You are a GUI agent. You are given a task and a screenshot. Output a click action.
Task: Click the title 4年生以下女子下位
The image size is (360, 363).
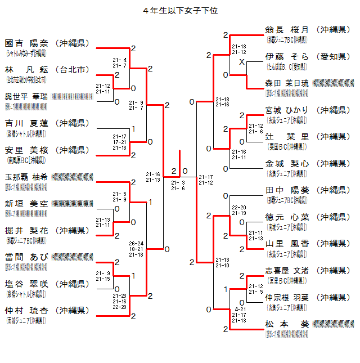point(180,11)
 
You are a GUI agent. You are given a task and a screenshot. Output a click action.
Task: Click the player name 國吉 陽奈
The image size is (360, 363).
point(26,43)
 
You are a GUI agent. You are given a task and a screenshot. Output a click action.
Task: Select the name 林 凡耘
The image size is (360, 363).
point(26,70)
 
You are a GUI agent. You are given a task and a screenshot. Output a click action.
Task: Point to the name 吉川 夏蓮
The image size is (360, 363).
point(26,123)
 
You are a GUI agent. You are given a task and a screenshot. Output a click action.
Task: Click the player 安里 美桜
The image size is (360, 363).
point(26,150)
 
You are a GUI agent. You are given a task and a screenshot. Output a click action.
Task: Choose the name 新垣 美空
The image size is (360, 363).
point(26,204)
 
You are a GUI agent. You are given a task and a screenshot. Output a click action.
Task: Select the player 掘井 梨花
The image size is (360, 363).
point(26,230)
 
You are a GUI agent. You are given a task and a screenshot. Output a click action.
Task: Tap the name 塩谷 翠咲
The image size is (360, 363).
point(26,284)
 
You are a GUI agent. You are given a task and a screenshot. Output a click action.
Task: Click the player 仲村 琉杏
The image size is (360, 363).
point(26,311)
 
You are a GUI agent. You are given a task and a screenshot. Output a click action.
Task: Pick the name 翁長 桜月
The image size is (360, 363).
point(287,30)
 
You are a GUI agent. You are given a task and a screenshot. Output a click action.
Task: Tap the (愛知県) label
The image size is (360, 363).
point(334,56)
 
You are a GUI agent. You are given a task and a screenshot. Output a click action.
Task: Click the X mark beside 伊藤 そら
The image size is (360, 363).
point(241,62)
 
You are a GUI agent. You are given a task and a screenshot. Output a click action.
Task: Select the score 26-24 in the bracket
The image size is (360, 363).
point(136,244)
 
